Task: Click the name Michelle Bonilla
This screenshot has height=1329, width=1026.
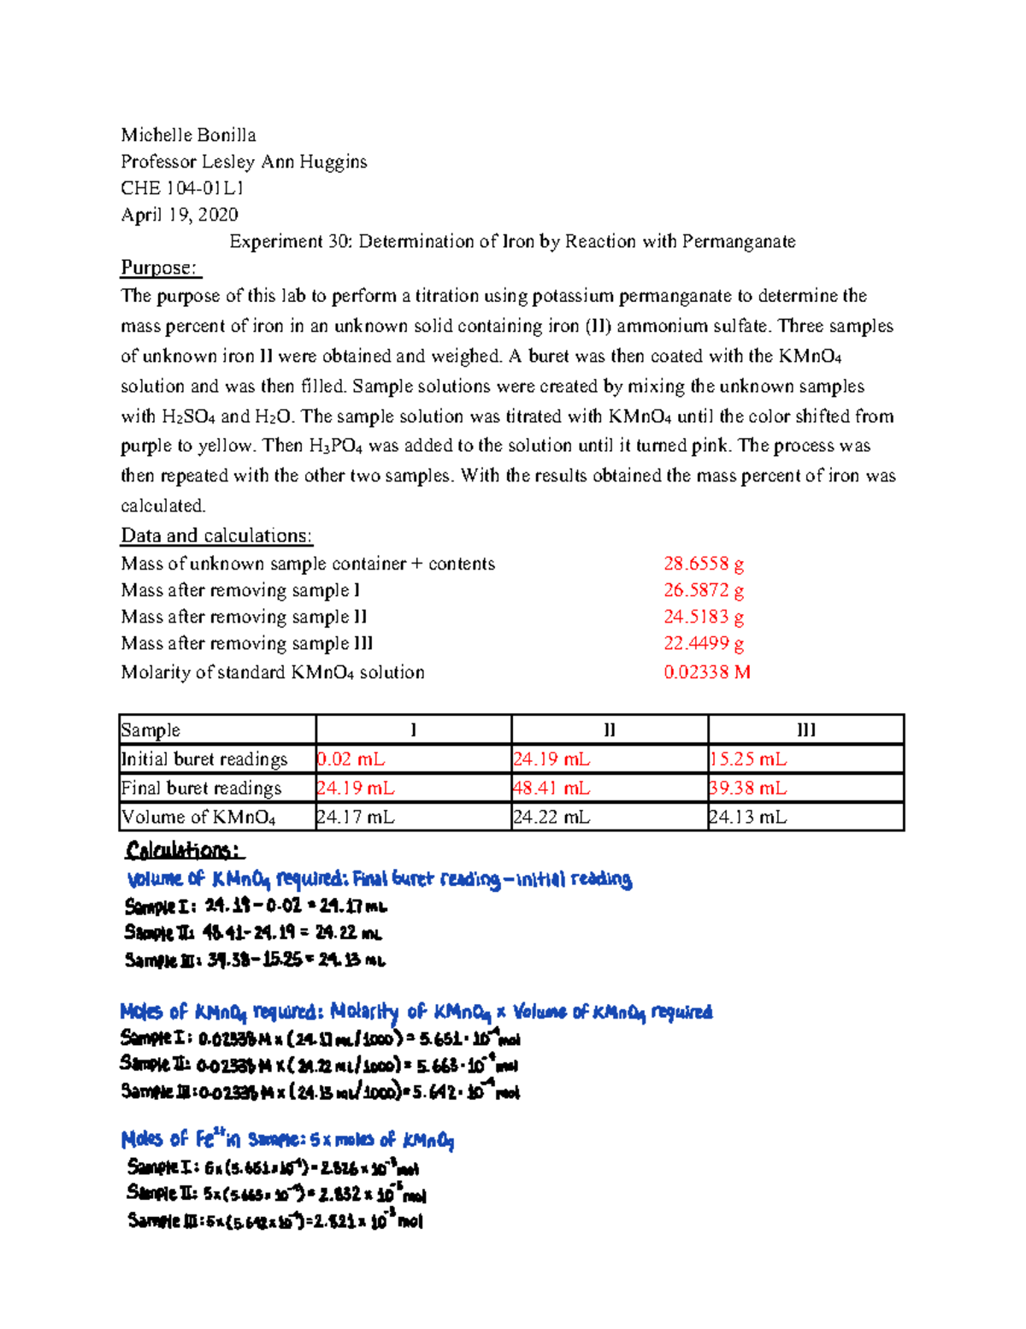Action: [188, 135]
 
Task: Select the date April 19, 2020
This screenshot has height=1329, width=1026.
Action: [180, 215]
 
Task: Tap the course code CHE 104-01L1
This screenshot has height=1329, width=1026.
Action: [182, 188]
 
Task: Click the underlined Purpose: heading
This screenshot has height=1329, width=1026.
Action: [160, 268]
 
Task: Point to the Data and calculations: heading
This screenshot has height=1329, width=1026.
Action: [216, 536]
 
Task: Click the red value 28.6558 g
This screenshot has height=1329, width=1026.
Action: [703, 564]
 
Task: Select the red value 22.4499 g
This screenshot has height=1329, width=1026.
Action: [703, 643]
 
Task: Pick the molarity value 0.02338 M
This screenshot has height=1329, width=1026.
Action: [706, 672]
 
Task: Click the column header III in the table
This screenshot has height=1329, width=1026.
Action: [805, 730]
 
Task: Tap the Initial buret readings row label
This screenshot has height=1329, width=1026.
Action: [204, 759]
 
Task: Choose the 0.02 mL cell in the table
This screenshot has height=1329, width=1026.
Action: [351, 759]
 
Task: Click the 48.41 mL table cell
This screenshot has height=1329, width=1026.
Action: [551, 789]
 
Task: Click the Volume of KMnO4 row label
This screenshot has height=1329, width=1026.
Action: [198, 818]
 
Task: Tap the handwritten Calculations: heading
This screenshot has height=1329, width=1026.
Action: [184, 850]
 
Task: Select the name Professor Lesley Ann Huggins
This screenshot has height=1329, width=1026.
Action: [244, 162]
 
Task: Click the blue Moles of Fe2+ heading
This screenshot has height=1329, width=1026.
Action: [286, 1140]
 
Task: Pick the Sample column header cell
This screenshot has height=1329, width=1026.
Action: [150, 730]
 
